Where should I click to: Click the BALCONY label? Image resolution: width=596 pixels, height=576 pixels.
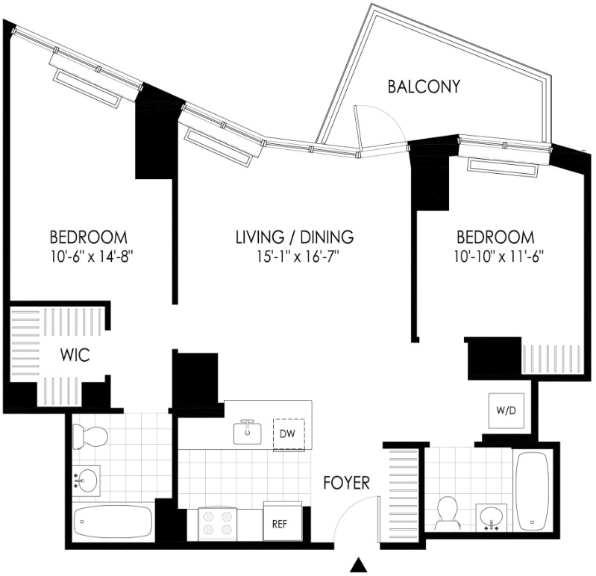424,87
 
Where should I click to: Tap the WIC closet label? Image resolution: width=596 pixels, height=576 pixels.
75,354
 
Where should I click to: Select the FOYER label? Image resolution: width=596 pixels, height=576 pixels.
346,483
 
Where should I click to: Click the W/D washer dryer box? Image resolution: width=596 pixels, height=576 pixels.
506,410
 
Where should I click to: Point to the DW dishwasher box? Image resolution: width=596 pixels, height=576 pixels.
289,434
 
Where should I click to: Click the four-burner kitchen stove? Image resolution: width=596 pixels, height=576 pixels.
217,524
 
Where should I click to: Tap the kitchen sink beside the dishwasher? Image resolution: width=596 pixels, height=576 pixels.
248,432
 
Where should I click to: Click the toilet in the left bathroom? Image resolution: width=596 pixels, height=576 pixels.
90,436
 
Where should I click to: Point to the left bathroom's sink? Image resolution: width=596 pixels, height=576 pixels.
87,480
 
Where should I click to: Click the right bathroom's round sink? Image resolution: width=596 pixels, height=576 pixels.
492,517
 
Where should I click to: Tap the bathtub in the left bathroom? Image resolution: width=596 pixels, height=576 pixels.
113,522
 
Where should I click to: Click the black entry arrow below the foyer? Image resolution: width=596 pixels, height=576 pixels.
358,565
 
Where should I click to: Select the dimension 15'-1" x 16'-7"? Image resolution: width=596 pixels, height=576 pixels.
298,256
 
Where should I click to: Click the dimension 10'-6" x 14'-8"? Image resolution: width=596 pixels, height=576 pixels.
92,256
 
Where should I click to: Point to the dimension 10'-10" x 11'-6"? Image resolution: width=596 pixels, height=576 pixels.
498,256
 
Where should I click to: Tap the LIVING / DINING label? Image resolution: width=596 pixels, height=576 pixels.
295,237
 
